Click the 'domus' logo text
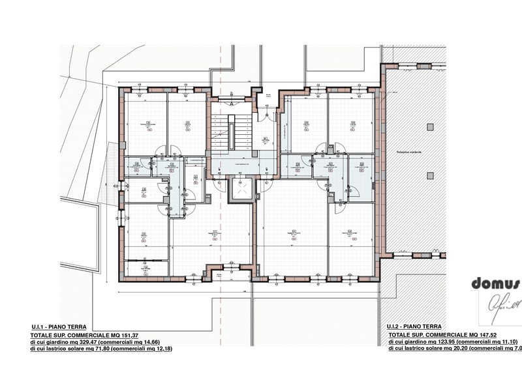(x=495, y=283)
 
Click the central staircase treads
(x=231, y=134)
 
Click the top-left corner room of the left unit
(x=146, y=124)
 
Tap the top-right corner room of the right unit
(x=352, y=123)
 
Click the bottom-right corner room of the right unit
(x=352, y=238)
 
